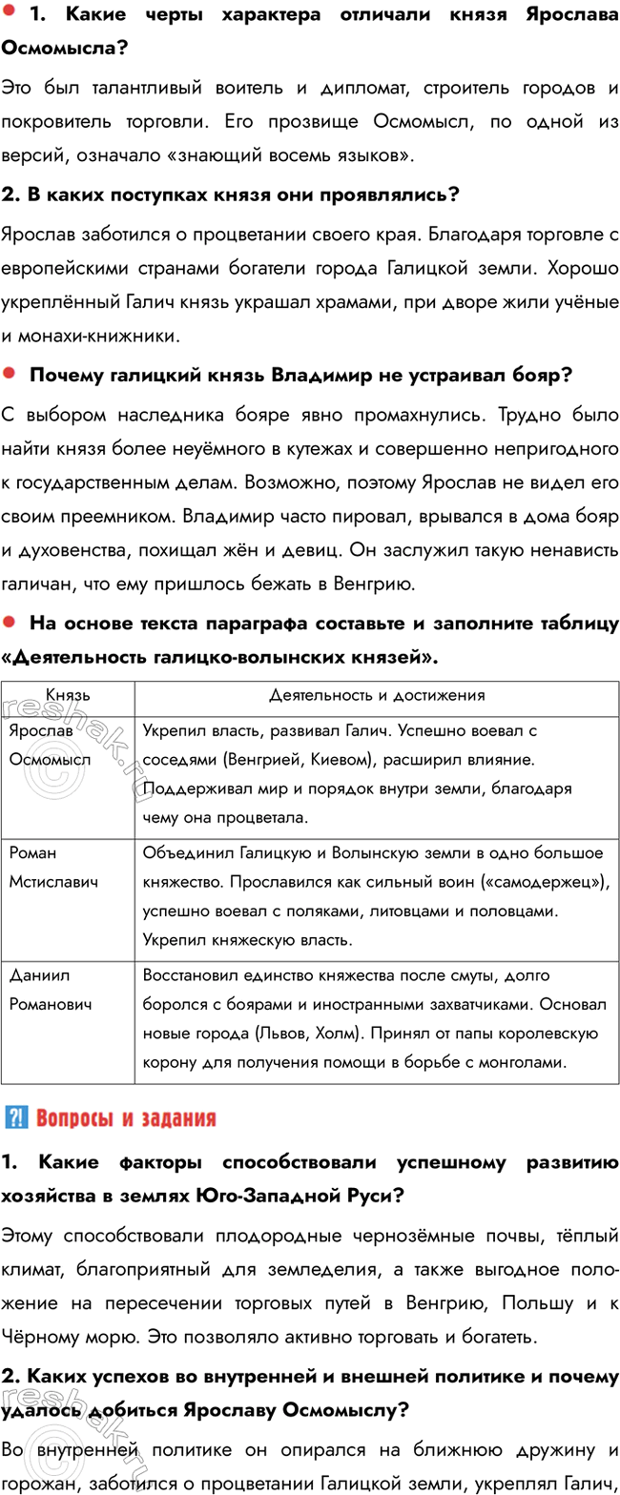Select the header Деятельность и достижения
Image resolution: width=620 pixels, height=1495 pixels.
click(x=377, y=695)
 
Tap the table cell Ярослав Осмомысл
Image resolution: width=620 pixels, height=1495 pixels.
click(x=49, y=746)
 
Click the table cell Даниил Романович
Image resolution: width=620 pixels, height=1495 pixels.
click(x=50, y=990)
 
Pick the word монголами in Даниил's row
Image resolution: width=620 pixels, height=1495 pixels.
click(x=516, y=1061)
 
